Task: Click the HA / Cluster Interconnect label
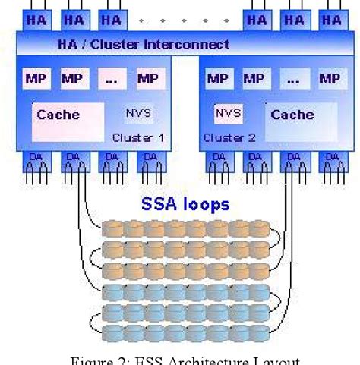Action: (x=144, y=45)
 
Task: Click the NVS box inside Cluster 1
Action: (x=139, y=114)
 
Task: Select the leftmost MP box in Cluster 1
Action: (x=34, y=78)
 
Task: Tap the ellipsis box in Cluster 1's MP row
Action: (x=112, y=78)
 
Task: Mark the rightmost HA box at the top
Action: (x=331, y=20)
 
